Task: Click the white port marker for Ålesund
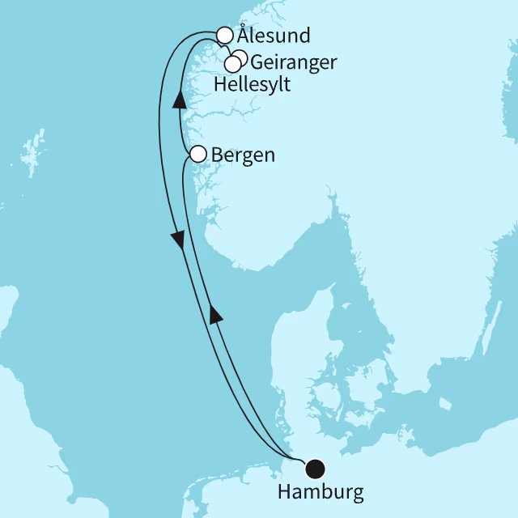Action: coord(225,35)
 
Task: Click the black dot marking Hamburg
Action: coord(314,468)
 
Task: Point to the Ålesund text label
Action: coord(262,36)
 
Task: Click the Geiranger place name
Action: coord(294,62)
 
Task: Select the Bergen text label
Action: coord(243,155)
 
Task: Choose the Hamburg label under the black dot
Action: coord(320,491)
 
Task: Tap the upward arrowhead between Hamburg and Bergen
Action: coord(214,315)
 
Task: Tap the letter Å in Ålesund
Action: coord(243,36)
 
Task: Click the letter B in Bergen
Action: coord(218,155)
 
